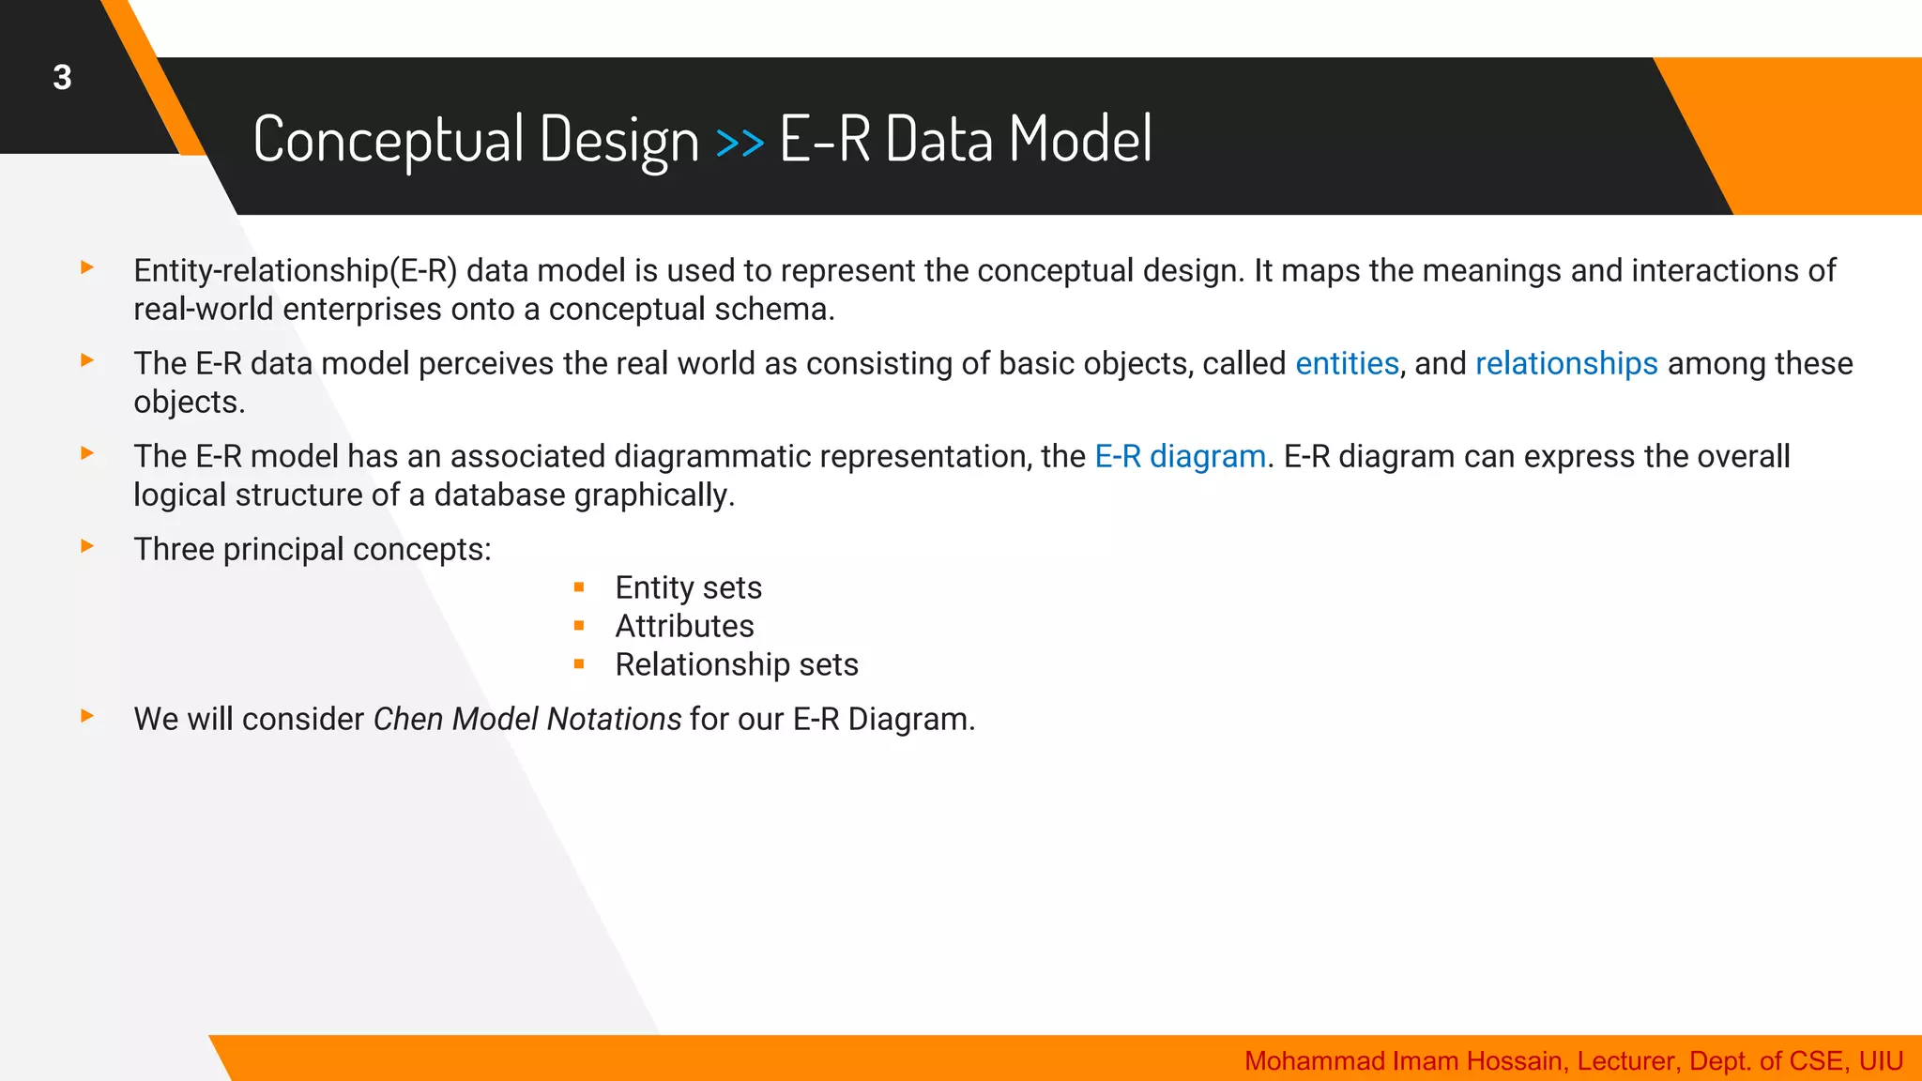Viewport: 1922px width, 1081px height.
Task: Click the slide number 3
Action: tap(62, 78)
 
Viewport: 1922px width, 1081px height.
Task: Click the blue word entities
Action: tap(1347, 364)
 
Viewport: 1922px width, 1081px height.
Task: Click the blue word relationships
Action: tap(1565, 364)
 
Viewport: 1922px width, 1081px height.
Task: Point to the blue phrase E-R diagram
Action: tap(1180, 457)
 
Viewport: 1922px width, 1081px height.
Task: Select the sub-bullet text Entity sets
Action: tap(688, 588)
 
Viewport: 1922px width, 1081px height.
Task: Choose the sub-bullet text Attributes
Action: tap(684, 627)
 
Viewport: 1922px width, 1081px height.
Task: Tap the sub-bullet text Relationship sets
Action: tap(736, 665)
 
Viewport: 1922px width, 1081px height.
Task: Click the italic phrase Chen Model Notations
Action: tap(526, 720)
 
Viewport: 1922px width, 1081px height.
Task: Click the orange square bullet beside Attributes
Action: tap(579, 626)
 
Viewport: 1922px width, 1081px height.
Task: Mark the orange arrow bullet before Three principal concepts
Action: tap(87, 546)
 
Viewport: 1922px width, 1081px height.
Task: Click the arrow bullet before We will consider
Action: tap(87, 716)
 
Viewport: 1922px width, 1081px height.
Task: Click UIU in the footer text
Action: tap(1881, 1061)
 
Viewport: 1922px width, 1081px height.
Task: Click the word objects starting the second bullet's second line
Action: tap(188, 403)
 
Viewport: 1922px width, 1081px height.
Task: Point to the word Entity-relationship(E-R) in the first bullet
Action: tap(295, 271)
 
